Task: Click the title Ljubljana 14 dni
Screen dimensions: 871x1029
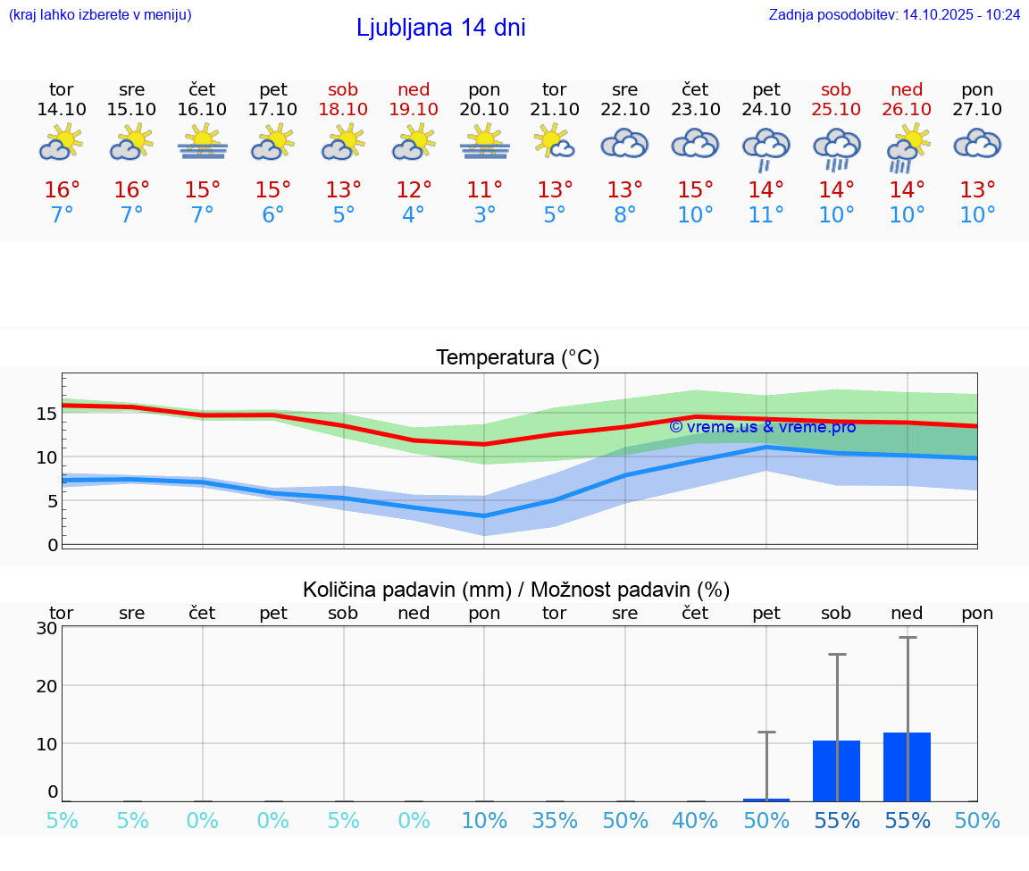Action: click(440, 28)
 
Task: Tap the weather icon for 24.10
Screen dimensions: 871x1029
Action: click(765, 148)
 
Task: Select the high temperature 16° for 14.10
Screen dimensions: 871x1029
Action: click(62, 190)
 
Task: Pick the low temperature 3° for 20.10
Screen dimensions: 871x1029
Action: click(484, 215)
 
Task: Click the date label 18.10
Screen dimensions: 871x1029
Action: click(343, 109)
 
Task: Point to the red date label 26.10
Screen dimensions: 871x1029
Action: click(907, 109)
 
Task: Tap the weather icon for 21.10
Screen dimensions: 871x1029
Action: click(554, 142)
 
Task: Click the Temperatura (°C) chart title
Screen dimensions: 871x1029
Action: click(517, 358)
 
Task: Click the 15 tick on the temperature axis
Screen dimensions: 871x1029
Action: click(46, 413)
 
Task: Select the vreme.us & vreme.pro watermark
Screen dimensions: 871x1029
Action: click(762, 427)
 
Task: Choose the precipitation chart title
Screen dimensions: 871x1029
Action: click(516, 590)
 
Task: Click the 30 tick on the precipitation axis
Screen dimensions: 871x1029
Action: click(46, 628)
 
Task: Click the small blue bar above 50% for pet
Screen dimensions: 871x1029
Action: click(765, 799)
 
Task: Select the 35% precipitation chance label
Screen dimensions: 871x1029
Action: click(554, 821)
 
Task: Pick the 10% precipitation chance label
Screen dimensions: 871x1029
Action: click(484, 821)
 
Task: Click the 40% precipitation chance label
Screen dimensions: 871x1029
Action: click(695, 821)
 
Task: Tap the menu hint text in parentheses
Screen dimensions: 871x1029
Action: click(100, 14)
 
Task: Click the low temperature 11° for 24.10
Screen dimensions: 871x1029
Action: click(765, 215)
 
